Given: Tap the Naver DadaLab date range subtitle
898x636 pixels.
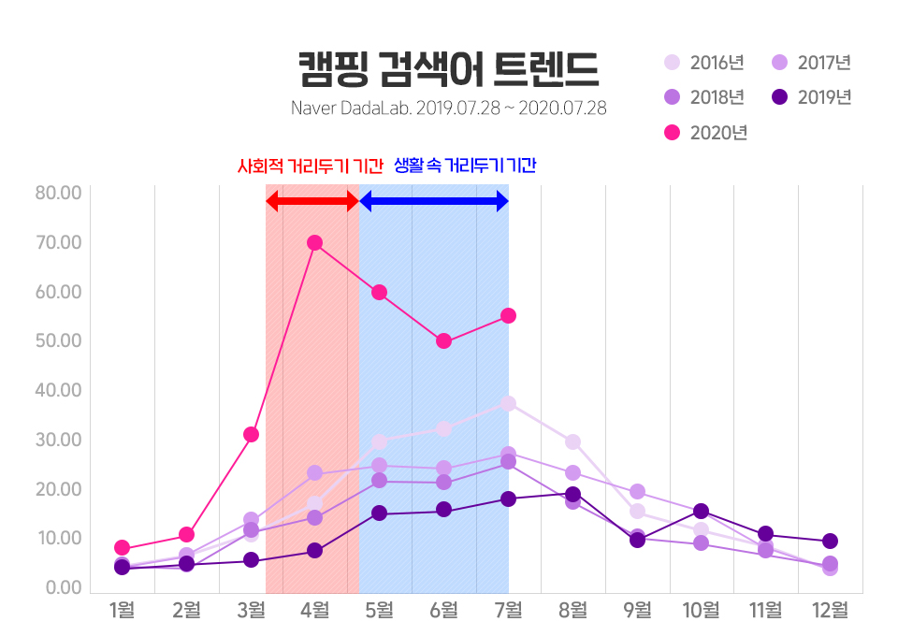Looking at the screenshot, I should [448, 108].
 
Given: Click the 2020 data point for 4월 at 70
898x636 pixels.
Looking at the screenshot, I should [314, 242].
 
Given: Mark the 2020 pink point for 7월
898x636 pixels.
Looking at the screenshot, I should [508, 315].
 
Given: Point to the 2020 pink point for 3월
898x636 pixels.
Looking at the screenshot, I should [251, 434].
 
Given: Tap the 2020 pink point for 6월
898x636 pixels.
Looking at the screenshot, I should [443, 340].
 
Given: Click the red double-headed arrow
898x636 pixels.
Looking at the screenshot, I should [312, 201].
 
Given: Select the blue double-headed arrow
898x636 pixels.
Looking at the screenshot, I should [434, 201].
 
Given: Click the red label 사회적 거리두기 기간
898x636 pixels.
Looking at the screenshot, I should [311, 166].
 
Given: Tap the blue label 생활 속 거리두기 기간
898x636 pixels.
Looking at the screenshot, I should [465, 166].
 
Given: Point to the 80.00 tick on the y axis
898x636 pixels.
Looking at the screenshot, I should [58, 194].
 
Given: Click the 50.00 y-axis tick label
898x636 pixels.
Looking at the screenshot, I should [58, 340].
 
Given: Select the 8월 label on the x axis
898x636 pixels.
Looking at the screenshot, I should [572, 611].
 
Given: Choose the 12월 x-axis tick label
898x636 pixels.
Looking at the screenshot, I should [830, 611].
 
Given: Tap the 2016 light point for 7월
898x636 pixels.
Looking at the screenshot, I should [508, 403].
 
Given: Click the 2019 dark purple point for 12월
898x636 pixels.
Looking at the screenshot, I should [830, 541].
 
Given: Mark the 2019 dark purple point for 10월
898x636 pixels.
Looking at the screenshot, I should [701, 511].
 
